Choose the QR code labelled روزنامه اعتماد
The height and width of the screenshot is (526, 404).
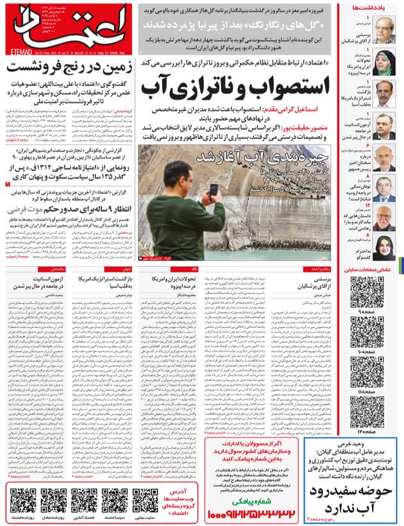(x=23, y=498)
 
